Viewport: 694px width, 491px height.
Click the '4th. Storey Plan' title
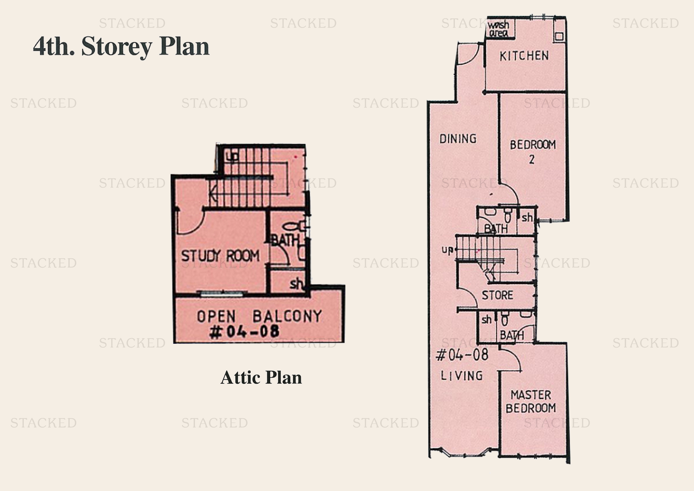121,47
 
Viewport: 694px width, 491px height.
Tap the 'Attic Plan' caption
261,377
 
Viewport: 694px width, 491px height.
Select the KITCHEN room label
524,56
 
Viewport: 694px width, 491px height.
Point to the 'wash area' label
498,29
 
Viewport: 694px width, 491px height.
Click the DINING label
458,139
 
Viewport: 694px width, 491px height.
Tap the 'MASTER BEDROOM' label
531,402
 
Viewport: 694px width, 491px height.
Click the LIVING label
462,376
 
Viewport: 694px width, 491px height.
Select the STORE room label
497,295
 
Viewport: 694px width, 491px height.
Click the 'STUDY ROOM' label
220,256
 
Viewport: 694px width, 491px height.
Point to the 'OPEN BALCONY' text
259,316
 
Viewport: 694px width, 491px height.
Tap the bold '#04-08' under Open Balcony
244,331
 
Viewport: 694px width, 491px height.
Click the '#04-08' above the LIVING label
462,355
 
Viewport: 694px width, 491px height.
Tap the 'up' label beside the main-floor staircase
447,250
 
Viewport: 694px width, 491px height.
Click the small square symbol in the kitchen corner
559,37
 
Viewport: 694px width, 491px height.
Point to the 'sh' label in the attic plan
296,283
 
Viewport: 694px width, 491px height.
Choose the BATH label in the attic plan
285,240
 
